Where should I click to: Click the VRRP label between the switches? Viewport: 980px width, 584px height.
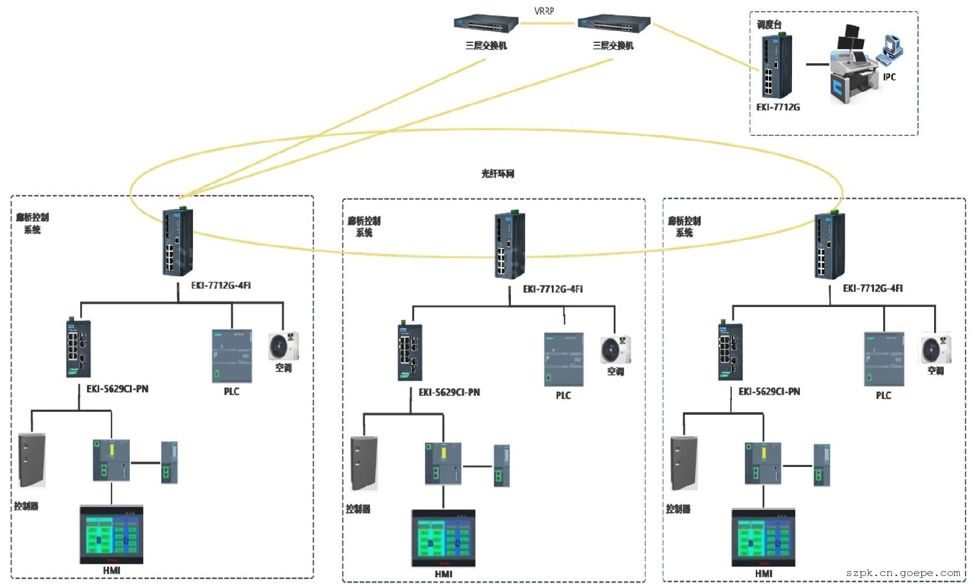(x=544, y=11)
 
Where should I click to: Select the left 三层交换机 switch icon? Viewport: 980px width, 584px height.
(x=486, y=25)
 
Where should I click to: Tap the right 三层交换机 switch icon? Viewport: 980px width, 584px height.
(x=613, y=25)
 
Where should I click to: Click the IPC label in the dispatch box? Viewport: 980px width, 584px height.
(x=889, y=77)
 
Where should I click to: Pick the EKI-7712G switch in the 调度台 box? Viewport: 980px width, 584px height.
(x=776, y=66)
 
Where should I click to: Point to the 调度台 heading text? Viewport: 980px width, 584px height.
(x=769, y=25)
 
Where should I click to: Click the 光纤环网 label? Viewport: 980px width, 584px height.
(x=497, y=174)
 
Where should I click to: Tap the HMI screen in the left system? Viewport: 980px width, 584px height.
(x=111, y=534)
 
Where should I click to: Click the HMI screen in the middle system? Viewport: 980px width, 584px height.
(x=443, y=538)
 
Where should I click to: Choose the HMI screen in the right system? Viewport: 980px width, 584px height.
(x=763, y=537)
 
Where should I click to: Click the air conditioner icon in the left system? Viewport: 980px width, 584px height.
(x=284, y=347)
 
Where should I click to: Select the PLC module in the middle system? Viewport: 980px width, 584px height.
(x=563, y=360)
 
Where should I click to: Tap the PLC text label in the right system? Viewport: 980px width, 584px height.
(x=883, y=396)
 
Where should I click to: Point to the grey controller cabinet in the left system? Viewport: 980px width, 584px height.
(x=32, y=460)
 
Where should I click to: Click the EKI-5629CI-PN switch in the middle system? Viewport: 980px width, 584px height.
(x=410, y=352)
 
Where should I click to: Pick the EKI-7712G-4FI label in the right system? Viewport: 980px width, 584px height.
(x=872, y=289)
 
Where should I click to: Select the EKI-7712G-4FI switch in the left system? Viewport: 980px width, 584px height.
(x=177, y=243)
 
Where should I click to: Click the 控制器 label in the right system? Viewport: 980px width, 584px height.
(x=678, y=509)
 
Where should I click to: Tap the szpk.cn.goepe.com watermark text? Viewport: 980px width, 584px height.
(x=903, y=573)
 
